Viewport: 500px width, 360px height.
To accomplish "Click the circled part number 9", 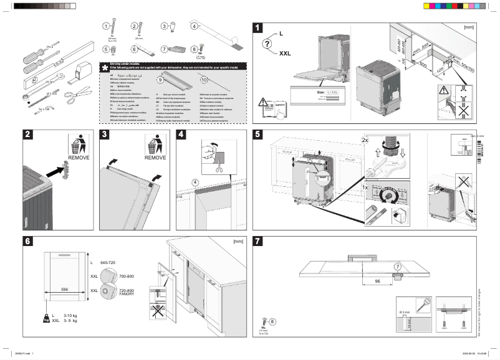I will [x=160, y=80].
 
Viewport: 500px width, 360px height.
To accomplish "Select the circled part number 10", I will [x=204, y=80].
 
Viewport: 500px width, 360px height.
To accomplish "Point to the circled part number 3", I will [x=165, y=26].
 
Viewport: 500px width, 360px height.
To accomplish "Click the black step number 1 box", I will [x=259, y=27].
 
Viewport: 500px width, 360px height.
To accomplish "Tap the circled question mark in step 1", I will [x=267, y=43].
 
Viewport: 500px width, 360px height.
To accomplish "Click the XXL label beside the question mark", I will [x=286, y=54].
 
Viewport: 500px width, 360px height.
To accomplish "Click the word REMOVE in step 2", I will [x=79, y=158].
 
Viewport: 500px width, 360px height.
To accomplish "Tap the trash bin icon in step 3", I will [x=153, y=144].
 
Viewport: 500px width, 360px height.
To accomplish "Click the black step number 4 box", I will [x=181, y=135].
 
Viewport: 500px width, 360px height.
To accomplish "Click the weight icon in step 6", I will [x=46, y=318].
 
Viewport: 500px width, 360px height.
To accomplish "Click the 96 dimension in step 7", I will [x=378, y=281].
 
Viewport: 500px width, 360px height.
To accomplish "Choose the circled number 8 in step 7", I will [x=272, y=321].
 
